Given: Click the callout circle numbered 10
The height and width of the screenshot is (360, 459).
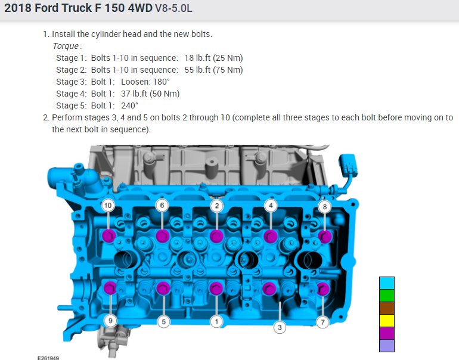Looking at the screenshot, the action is coord(108,206).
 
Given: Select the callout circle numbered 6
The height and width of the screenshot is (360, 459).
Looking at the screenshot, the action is coord(162,206).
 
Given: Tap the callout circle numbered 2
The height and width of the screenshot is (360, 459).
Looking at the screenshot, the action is coord(216,206).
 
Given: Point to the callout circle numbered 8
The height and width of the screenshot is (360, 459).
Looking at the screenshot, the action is coord(325,207).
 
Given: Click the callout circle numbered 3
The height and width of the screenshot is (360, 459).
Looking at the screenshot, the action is coord(280,327).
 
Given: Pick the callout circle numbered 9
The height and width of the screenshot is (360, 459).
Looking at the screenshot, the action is coord(110,321).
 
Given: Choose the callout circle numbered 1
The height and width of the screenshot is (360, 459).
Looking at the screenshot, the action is coord(216,322).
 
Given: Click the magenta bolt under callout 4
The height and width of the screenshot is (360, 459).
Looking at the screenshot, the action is coord(271,236).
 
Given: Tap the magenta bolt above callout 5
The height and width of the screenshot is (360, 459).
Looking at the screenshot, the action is coord(163,288).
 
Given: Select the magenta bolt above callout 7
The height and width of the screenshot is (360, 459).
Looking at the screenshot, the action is coord(323,289).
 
